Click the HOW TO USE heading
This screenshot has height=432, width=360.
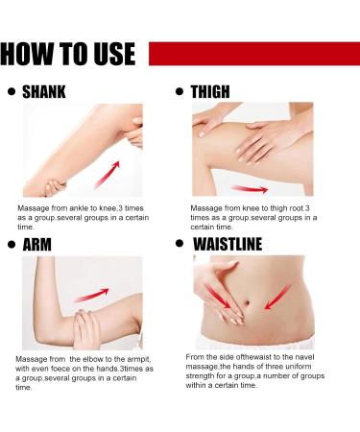click(x=68, y=54)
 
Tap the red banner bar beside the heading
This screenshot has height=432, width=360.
click(x=254, y=54)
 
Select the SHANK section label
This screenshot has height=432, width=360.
click(x=44, y=92)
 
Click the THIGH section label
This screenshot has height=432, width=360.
click(x=210, y=92)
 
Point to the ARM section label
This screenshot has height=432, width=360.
click(x=37, y=245)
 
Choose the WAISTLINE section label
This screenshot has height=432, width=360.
click(x=228, y=244)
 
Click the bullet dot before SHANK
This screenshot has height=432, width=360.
click(x=12, y=91)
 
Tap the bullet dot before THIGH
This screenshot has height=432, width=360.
click(x=180, y=91)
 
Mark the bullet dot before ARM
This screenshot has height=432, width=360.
click(x=12, y=245)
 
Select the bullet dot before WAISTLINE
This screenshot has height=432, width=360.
click(x=180, y=244)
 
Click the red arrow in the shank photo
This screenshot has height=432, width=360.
click(x=108, y=175)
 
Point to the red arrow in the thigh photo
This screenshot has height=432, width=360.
click(x=250, y=189)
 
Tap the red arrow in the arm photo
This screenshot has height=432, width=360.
click(x=92, y=295)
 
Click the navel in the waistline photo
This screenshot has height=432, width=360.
click(x=247, y=302)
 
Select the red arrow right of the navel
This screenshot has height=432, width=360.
click(x=277, y=298)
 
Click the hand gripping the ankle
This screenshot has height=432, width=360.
click(x=55, y=187)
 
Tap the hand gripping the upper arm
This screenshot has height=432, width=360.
click(x=86, y=329)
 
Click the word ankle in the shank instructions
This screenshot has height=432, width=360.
click(x=79, y=208)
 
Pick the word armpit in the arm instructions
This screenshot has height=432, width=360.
click(x=138, y=359)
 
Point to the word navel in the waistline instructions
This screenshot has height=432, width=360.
click(x=305, y=357)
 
